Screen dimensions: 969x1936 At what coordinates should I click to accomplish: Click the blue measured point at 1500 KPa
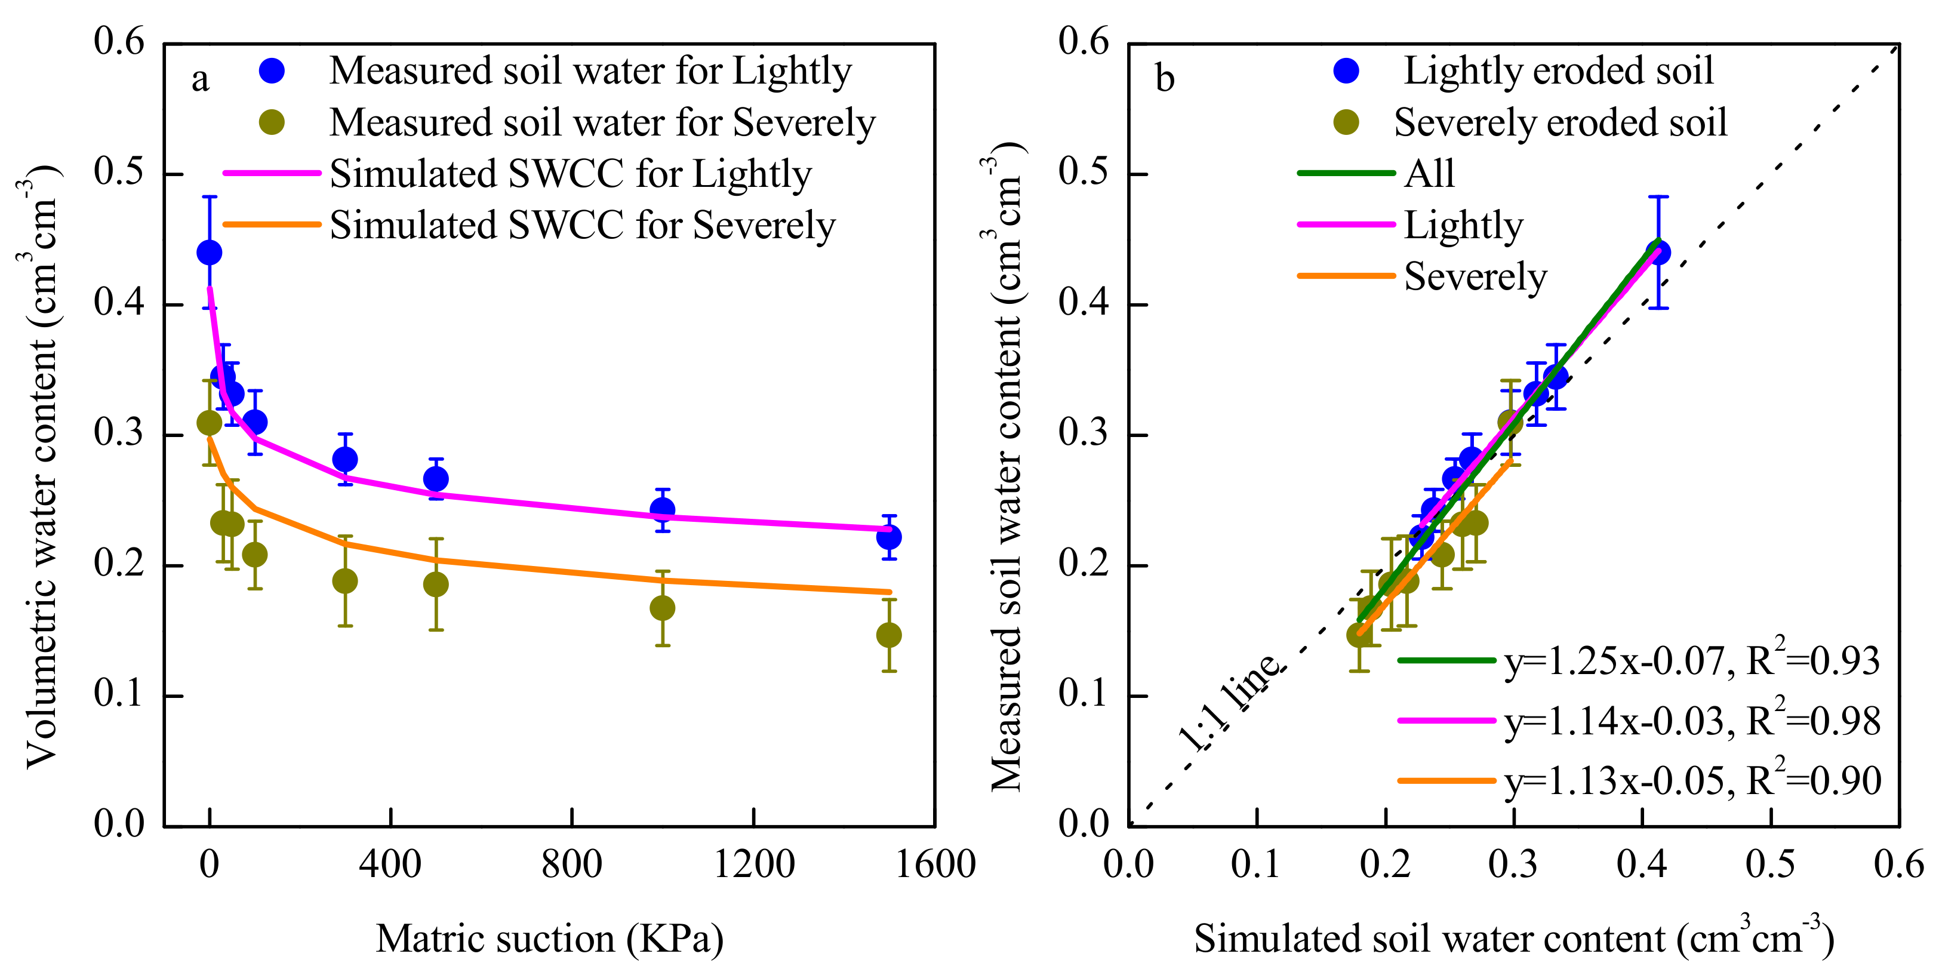click(x=888, y=537)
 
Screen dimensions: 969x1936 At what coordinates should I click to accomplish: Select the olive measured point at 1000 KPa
click(x=662, y=607)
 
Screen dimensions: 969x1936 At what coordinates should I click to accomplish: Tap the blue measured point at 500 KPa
click(x=436, y=479)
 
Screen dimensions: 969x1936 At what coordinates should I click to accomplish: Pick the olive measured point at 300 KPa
click(x=345, y=581)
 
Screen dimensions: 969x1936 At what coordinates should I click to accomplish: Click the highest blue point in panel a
click(x=210, y=253)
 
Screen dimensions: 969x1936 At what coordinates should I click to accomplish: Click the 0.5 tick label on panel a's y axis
click(x=119, y=172)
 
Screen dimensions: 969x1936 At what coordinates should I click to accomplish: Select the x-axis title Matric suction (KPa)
click(x=549, y=938)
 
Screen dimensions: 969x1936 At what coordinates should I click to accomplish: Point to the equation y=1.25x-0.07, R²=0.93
click(x=1692, y=661)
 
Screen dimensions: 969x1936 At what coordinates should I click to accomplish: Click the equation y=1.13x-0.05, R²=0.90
click(x=1692, y=781)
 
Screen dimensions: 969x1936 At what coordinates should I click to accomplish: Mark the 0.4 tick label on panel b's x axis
click(x=1642, y=865)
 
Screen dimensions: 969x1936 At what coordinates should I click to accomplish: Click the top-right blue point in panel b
click(x=1658, y=253)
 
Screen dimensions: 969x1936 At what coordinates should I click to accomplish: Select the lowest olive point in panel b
click(x=1359, y=635)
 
